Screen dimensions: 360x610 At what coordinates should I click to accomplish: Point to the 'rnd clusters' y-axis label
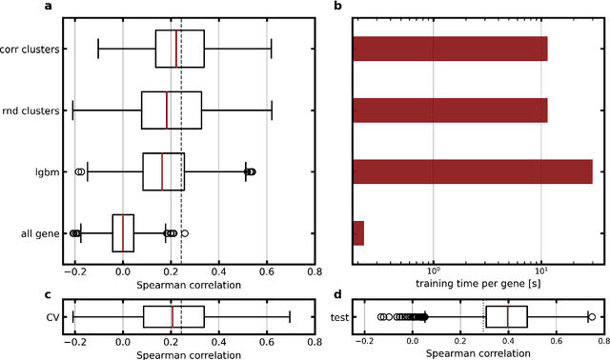pos(35,110)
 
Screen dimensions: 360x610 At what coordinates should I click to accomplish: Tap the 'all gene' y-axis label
pos(42,233)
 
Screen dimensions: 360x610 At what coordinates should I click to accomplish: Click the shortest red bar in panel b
pos(358,233)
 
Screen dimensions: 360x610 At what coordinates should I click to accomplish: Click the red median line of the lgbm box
pos(162,171)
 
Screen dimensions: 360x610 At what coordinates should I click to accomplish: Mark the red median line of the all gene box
pos(123,233)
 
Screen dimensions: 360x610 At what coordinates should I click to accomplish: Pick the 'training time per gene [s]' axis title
pos(478,283)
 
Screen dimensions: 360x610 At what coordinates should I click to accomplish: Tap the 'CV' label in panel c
pos(53,317)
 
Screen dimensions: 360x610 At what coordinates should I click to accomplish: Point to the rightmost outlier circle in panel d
pos(592,317)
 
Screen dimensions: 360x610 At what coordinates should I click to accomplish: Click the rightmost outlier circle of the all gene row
pos(184,233)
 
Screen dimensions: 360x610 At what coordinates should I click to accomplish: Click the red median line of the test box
pos(508,317)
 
